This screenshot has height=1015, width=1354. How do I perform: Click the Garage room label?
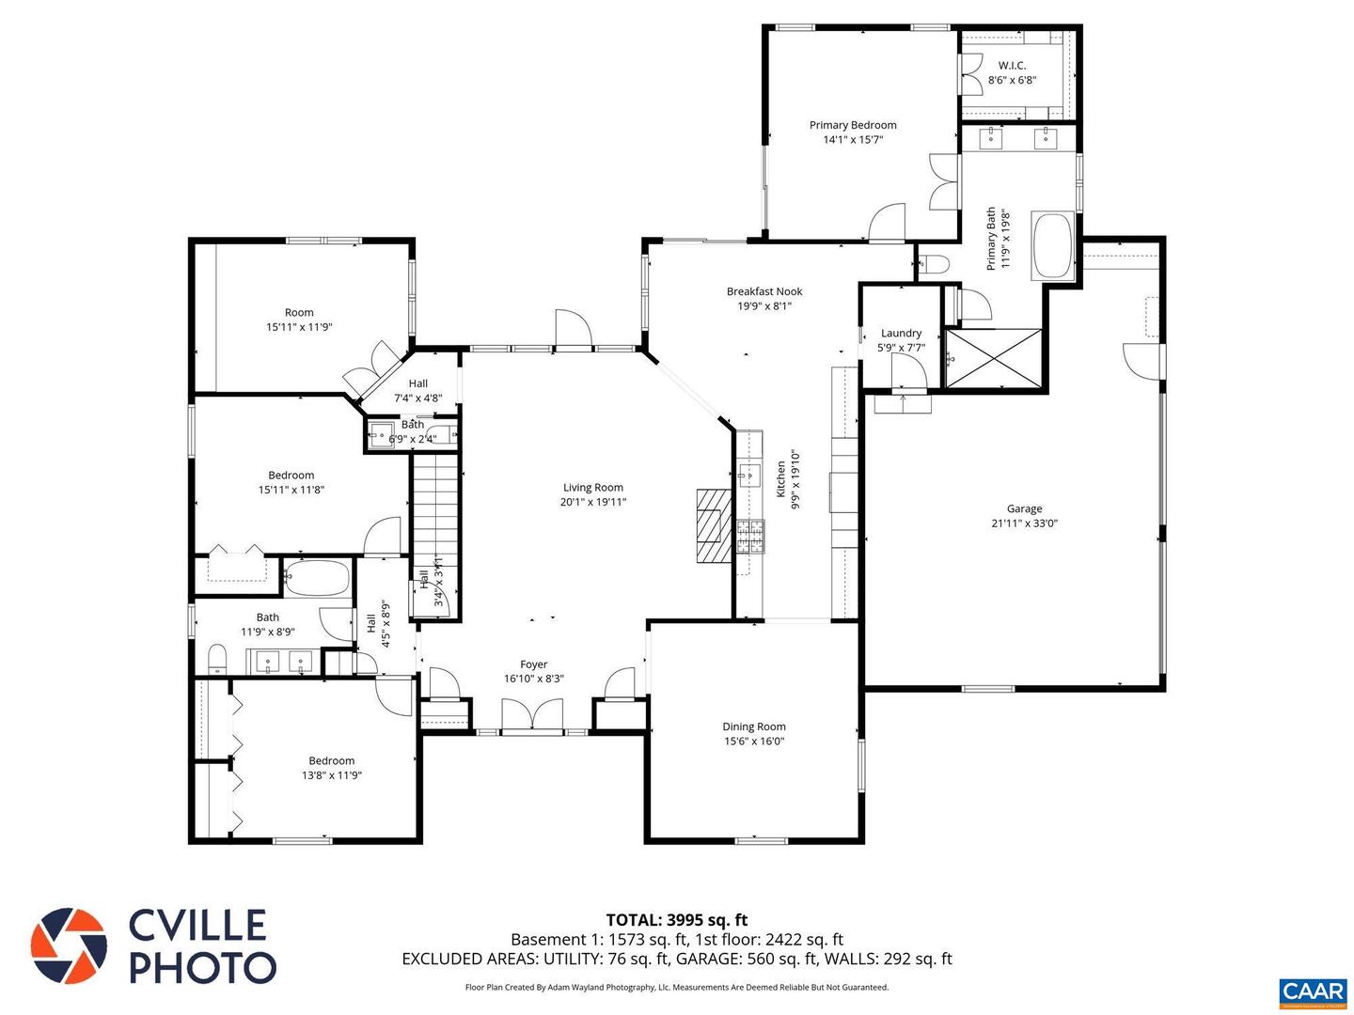click(1024, 508)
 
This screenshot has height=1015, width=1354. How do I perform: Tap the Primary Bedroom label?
click(853, 125)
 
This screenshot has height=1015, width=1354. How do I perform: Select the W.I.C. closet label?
click(1012, 65)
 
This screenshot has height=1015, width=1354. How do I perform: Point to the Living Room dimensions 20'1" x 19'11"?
click(593, 502)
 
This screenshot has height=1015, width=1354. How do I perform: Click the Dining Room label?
click(753, 726)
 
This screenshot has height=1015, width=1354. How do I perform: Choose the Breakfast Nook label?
click(764, 291)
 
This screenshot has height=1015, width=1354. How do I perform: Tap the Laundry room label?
click(901, 333)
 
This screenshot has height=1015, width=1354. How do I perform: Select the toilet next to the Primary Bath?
click(932, 264)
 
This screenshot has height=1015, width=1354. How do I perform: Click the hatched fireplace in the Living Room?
click(713, 525)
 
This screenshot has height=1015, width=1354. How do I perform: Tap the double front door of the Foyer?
click(532, 716)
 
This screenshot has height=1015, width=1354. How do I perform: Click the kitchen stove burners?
click(749, 536)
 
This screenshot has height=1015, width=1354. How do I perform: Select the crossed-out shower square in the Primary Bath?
click(994, 358)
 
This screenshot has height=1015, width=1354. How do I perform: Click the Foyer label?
click(533, 664)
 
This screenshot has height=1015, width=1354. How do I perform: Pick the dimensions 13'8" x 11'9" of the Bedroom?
click(332, 775)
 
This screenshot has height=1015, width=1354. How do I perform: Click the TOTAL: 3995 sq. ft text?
click(676, 920)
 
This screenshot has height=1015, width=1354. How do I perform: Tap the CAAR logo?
click(1312, 992)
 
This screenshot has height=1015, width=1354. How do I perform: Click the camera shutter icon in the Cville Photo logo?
click(69, 945)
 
